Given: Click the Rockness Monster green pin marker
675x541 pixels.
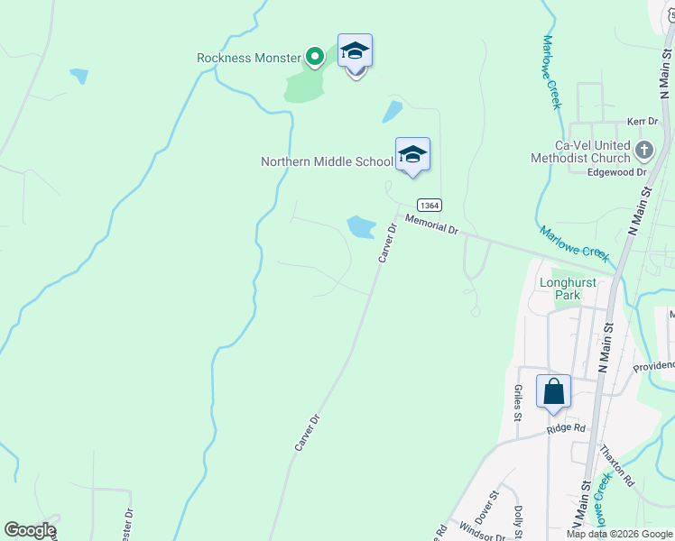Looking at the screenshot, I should coord(314,58).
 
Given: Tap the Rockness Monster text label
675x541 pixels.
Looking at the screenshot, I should coord(248,58).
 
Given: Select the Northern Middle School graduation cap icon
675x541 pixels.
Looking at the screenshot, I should coord(412,154).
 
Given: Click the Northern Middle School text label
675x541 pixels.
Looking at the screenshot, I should coord(327,162).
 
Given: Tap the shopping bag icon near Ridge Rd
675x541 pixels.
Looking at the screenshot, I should coord(553,391).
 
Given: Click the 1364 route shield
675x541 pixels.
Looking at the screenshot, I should coord(429,205).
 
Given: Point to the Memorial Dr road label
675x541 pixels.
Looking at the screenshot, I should coord(432,225).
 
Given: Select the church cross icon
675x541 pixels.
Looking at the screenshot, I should coord(643,150).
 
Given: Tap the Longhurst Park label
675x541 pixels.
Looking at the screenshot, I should coord(568,288).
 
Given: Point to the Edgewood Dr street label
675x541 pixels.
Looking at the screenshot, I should coord(617,171).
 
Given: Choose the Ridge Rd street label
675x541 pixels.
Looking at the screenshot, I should coord(566,429).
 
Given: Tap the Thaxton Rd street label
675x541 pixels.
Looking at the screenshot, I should coord(618,465).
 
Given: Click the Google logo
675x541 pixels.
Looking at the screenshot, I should coord(30,530).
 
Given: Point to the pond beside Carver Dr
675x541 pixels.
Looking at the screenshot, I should coord(361,226).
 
